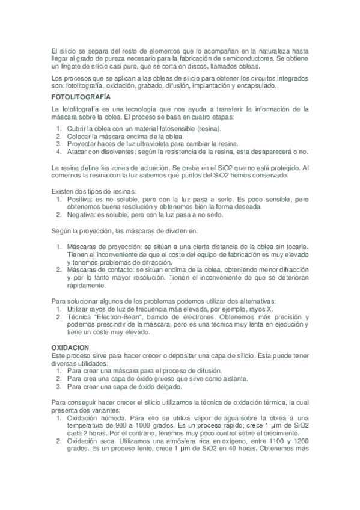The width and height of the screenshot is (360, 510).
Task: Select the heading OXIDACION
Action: tap(70, 348)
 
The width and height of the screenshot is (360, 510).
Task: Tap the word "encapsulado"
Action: tap(254, 86)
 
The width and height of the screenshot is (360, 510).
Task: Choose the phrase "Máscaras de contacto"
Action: tap(102, 271)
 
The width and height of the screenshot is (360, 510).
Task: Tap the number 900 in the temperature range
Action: tap(122, 425)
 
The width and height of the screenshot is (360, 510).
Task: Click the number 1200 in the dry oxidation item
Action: tap(299, 441)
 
